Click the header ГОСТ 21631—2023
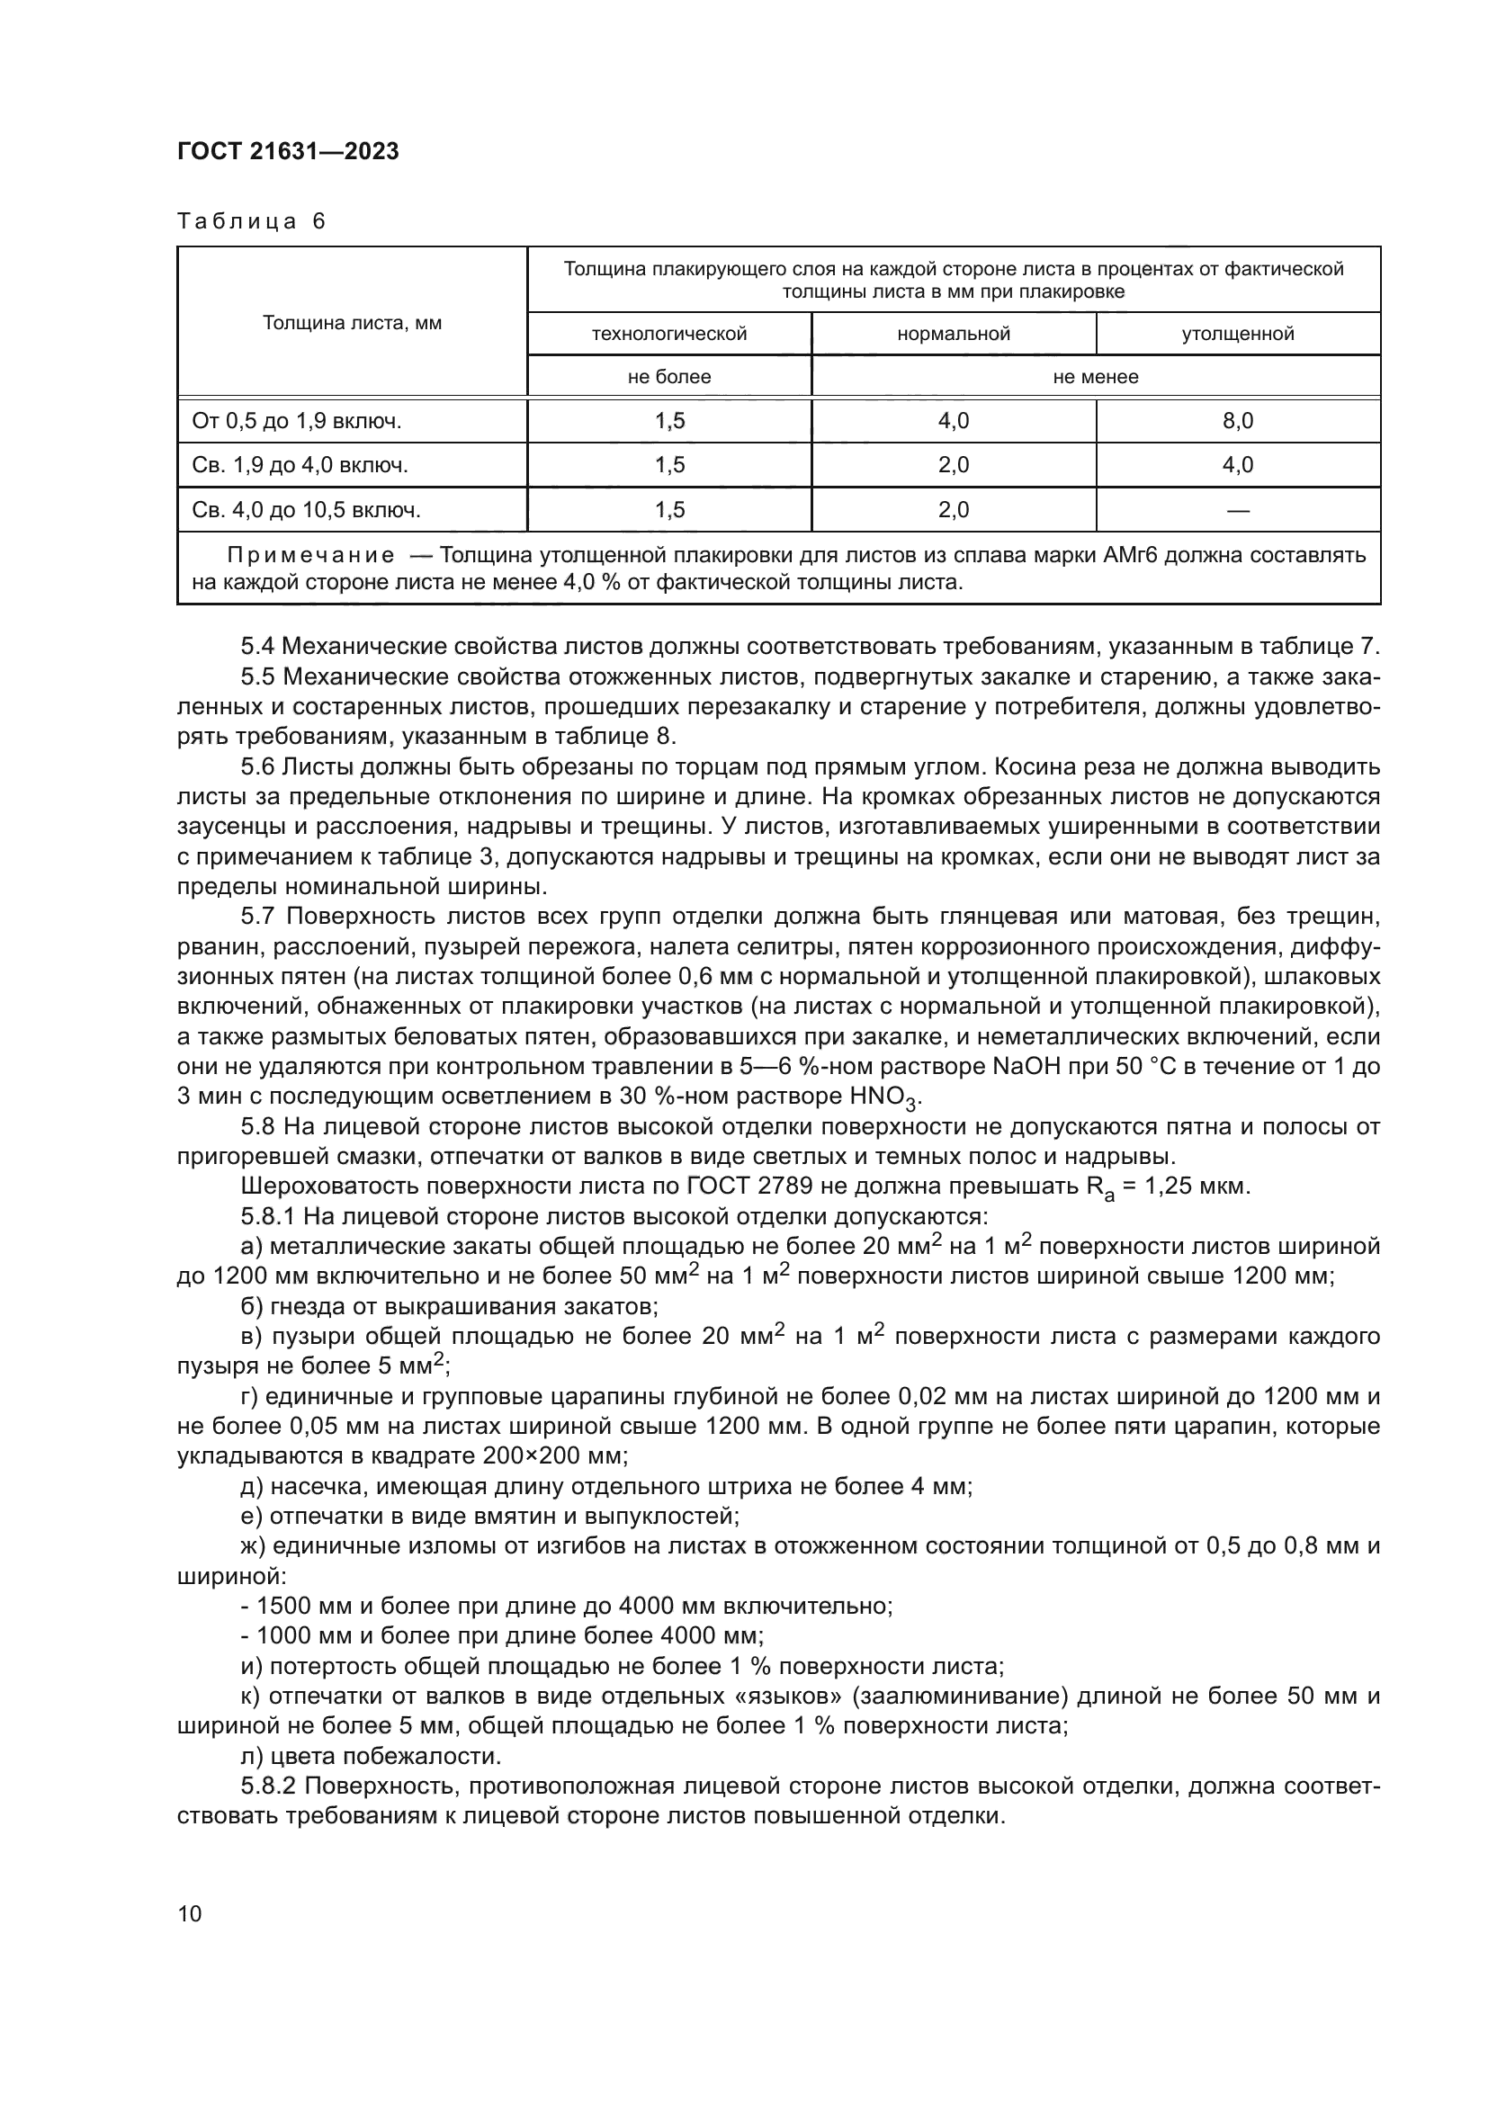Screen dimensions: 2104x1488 (x=288, y=152)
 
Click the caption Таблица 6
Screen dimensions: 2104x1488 (x=251, y=222)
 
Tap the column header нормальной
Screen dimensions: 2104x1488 (x=953, y=334)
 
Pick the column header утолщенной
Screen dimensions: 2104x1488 (x=1237, y=334)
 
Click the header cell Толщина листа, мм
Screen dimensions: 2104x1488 (x=352, y=323)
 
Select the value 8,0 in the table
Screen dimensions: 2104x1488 (x=1237, y=422)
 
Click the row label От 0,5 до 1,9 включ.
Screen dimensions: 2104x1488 (x=297, y=422)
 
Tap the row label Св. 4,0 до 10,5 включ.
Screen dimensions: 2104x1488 (x=306, y=510)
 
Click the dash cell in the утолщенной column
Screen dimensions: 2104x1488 (x=1237, y=510)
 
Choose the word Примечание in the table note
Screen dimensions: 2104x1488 (x=310, y=555)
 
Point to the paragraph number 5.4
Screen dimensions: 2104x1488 (x=257, y=646)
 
